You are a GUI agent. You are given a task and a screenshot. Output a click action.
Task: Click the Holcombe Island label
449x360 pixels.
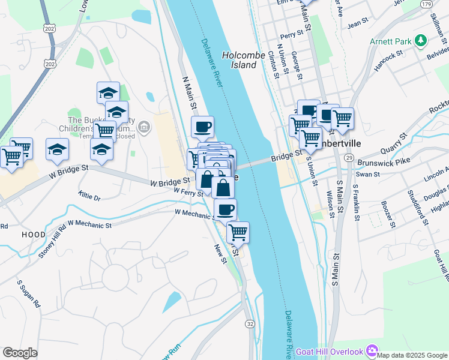244,59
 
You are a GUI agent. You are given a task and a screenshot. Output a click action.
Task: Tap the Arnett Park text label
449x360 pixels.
390,41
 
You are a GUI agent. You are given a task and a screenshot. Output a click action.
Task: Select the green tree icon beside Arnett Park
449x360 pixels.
421,41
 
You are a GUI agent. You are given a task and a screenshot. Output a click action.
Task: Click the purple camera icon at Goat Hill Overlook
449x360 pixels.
372,350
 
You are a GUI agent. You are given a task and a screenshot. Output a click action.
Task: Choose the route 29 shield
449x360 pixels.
348,157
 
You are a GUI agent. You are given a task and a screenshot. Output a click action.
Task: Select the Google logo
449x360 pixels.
20,353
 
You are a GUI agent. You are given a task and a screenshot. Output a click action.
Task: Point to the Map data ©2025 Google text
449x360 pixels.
412,355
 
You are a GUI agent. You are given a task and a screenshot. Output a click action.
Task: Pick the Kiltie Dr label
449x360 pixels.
89,196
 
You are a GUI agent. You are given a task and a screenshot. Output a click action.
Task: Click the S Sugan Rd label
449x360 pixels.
28,292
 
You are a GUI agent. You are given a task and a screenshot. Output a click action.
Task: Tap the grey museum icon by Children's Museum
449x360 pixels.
144,127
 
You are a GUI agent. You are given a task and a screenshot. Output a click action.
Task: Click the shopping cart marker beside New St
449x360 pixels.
238,232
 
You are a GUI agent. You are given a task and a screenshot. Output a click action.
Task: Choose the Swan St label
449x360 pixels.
368,175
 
